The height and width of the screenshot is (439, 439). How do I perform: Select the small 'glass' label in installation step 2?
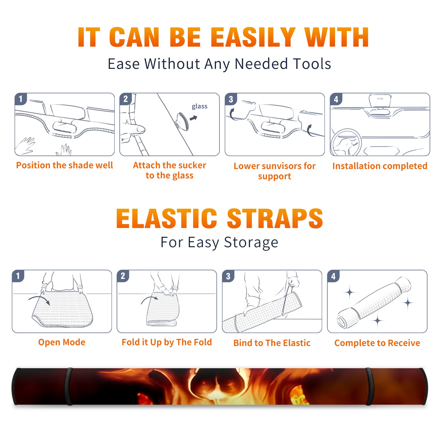[x=199, y=106]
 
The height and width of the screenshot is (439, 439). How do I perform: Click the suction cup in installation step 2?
[x=182, y=121]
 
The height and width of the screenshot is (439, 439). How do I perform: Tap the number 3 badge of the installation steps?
[x=231, y=99]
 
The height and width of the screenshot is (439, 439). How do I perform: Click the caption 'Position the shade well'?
[x=64, y=165]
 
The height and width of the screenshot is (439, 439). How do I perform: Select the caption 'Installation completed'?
[x=380, y=166]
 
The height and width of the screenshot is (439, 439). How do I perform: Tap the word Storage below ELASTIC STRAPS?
[x=251, y=243]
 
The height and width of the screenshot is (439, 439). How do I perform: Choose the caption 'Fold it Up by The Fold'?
[x=167, y=342]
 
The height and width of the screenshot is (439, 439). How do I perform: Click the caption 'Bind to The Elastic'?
[x=272, y=343]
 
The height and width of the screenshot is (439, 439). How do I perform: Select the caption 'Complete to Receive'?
[x=377, y=343]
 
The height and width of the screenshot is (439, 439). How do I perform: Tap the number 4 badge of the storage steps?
[x=333, y=276]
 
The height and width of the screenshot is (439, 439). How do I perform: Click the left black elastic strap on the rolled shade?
[x=69, y=386]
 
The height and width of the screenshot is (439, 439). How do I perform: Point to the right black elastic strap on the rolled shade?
[x=369, y=386]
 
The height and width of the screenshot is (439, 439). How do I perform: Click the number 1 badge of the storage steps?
[x=18, y=276]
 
